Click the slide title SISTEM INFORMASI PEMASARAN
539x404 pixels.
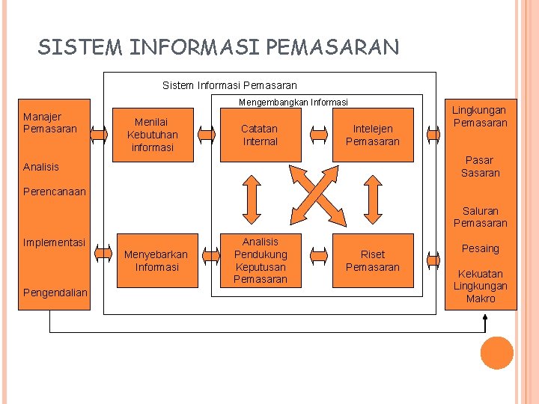click(219, 48)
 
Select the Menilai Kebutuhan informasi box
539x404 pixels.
click(153, 135)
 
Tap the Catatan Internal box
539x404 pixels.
click(260, 135)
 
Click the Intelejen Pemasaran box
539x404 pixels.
click(373, 135)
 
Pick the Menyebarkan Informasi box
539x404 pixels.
click(156, 260)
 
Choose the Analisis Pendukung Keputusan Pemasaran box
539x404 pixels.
click(260, 260)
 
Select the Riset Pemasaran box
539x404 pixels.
click(373, 260)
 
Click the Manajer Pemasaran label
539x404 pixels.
click(49, 123)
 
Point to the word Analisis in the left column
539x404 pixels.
click(41, 167)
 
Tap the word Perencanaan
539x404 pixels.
click(55, 192)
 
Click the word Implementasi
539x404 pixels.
click(54, 242)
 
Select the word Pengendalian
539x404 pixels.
click(55, 292)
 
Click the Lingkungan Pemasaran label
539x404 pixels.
click(481, 116)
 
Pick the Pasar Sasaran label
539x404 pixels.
click(481, 166)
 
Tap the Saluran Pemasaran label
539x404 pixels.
click(481, 217)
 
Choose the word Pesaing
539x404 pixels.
click(481, 248)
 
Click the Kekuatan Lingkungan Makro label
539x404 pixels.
click(481, 286)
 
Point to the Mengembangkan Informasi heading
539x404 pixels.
click(293, 102)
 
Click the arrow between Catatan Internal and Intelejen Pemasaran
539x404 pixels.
click(319, 135)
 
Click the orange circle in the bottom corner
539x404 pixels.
click(497, 353)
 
